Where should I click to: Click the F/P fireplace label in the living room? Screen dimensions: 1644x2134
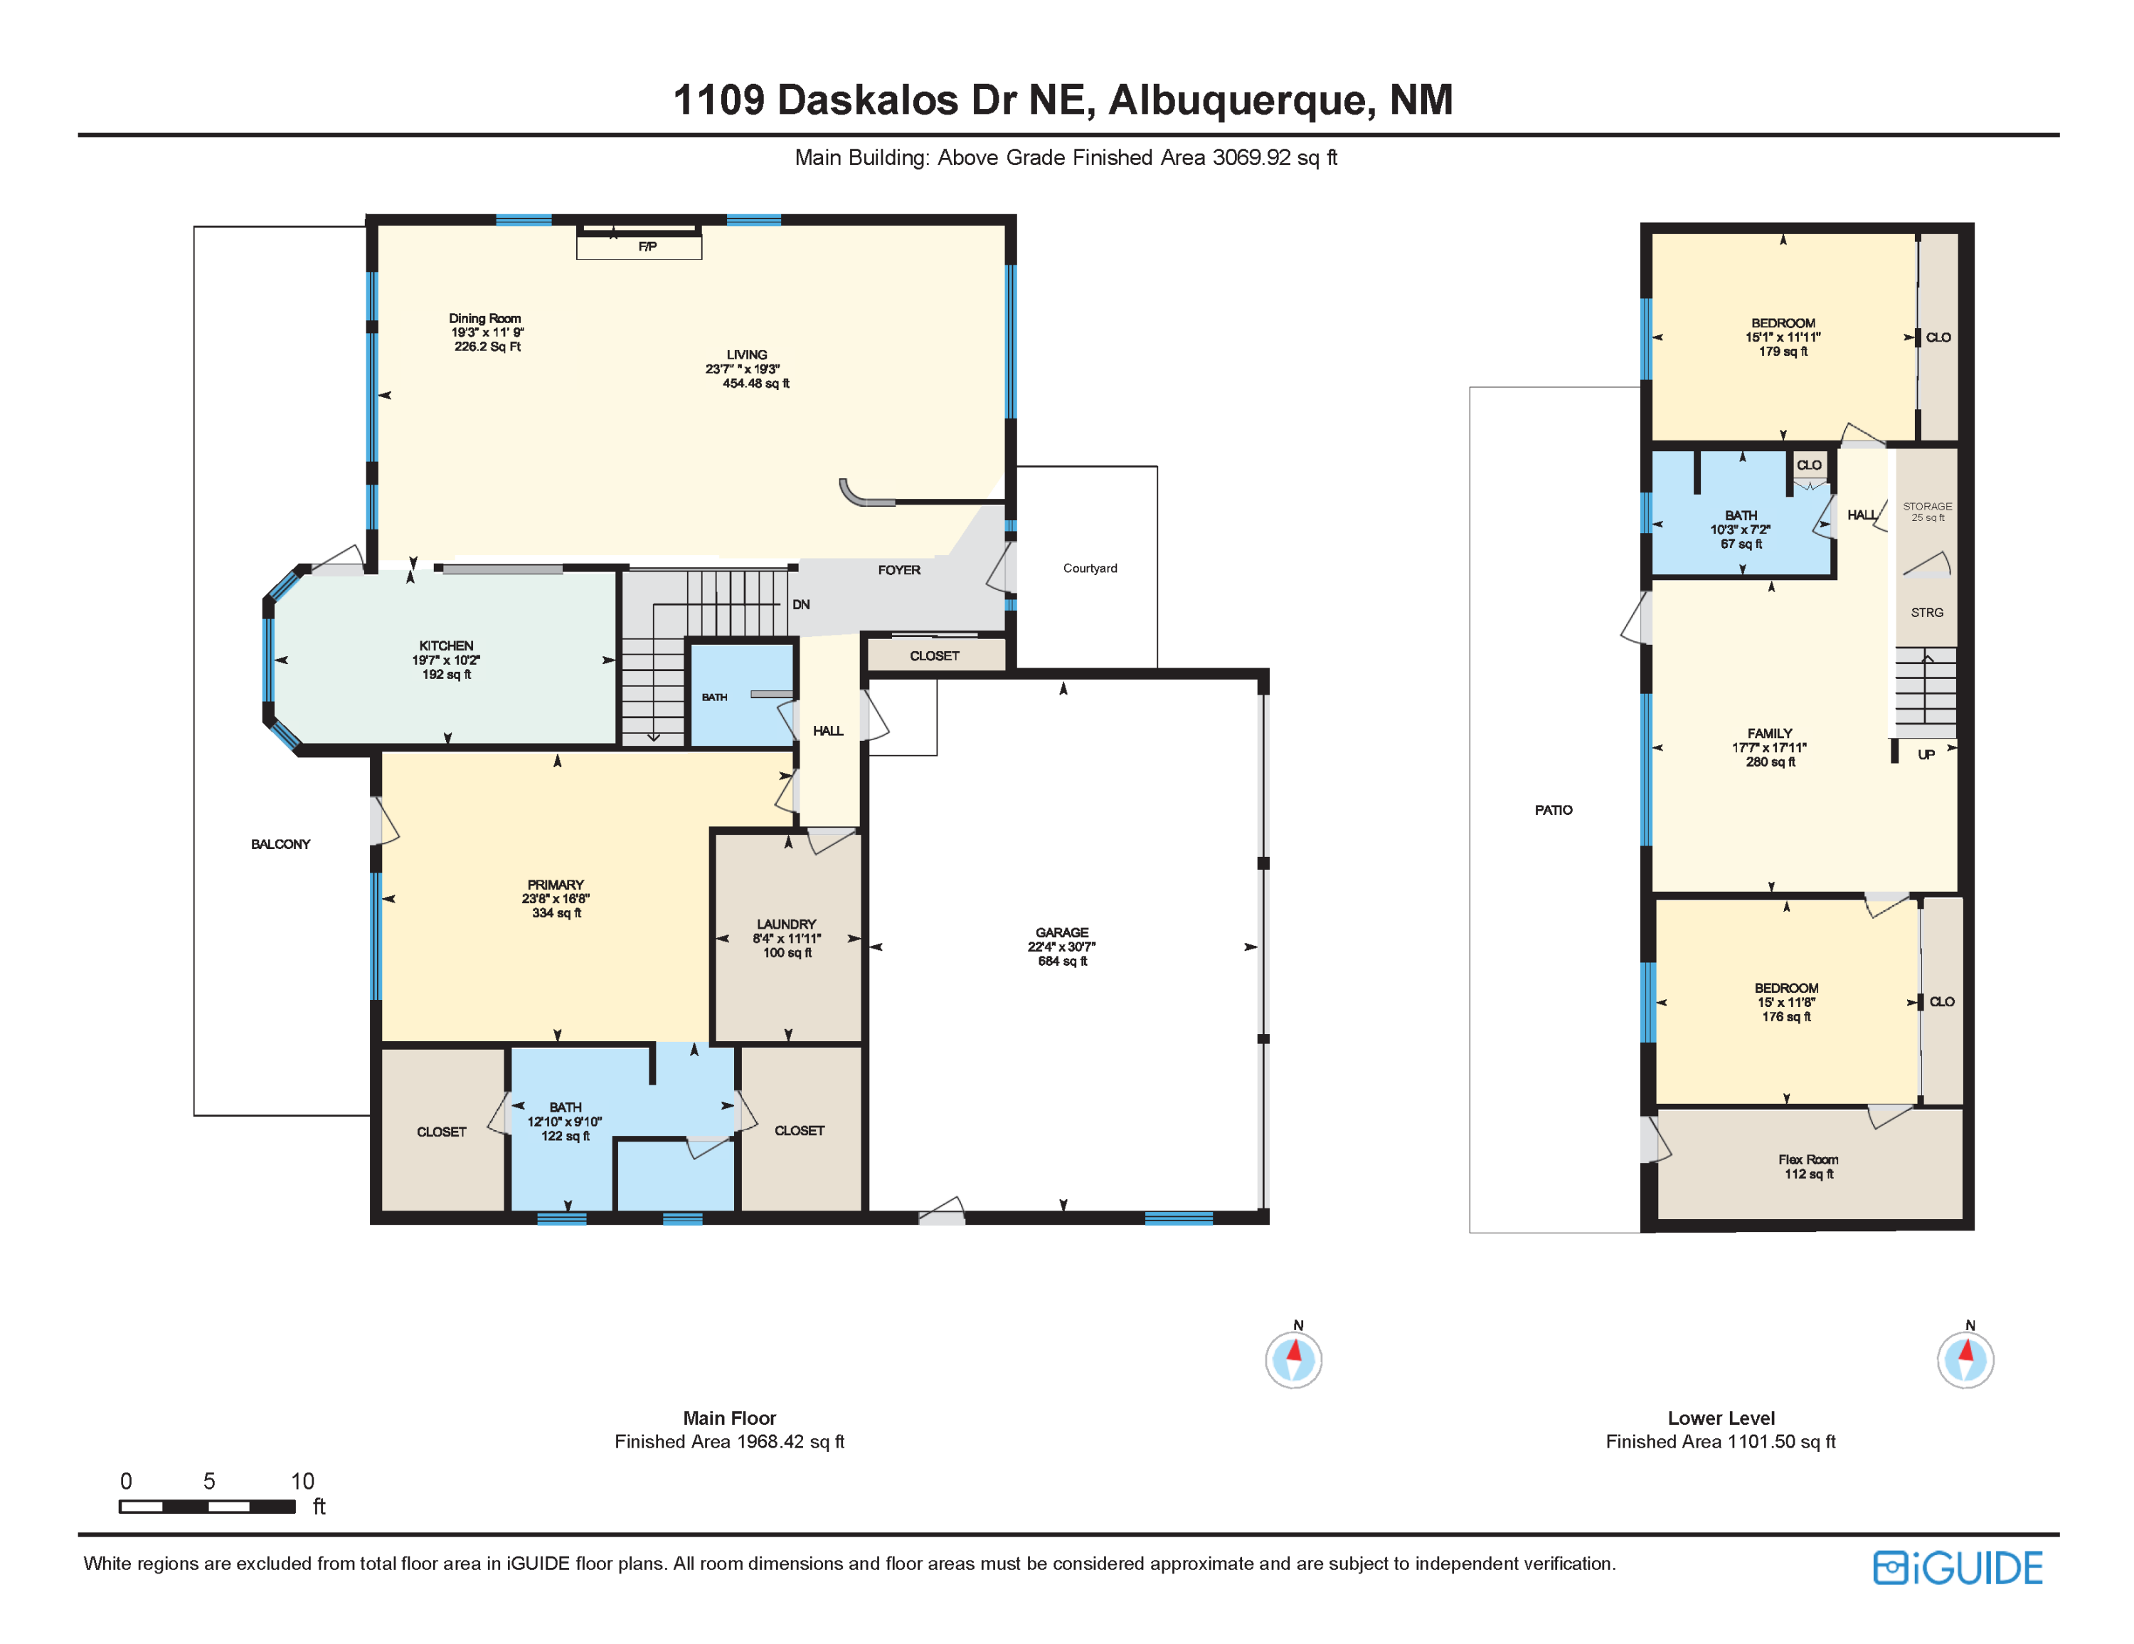(647, 246)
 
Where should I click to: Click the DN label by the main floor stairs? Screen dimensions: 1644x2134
(800, 604)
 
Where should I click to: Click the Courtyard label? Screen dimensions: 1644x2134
(1090, 568)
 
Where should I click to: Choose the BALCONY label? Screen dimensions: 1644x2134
(280, 843)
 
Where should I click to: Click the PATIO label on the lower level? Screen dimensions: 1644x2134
(1553, 809)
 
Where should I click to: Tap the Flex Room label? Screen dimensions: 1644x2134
(1807, 1159)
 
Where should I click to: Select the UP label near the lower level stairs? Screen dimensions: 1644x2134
(1925, 754)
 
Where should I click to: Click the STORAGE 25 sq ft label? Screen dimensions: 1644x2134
(1927, 511)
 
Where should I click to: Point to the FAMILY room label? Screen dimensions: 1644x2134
(1770, 733)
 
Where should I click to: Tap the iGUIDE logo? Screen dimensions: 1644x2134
(1957, 1568)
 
